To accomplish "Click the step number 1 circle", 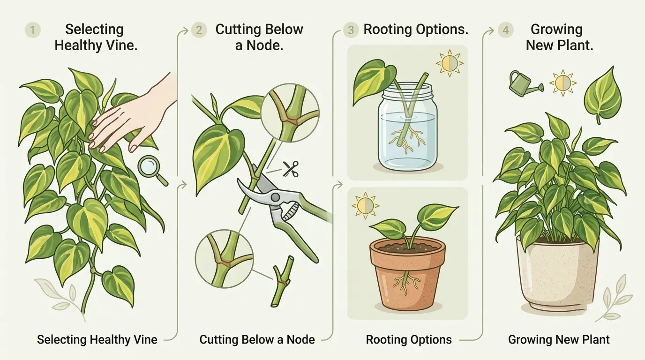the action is [32, 30].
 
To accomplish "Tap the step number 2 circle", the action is [199, 30].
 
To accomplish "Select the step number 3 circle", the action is [351, 30].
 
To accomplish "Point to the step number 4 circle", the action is [506, 30].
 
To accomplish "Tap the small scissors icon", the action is [290, 169].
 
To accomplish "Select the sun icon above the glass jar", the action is [450, 63].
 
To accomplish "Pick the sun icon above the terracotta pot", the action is [366, 206].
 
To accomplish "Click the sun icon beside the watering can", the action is [563, 83].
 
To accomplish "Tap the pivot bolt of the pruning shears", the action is [276, 197].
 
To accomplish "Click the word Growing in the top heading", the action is [556, 30].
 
